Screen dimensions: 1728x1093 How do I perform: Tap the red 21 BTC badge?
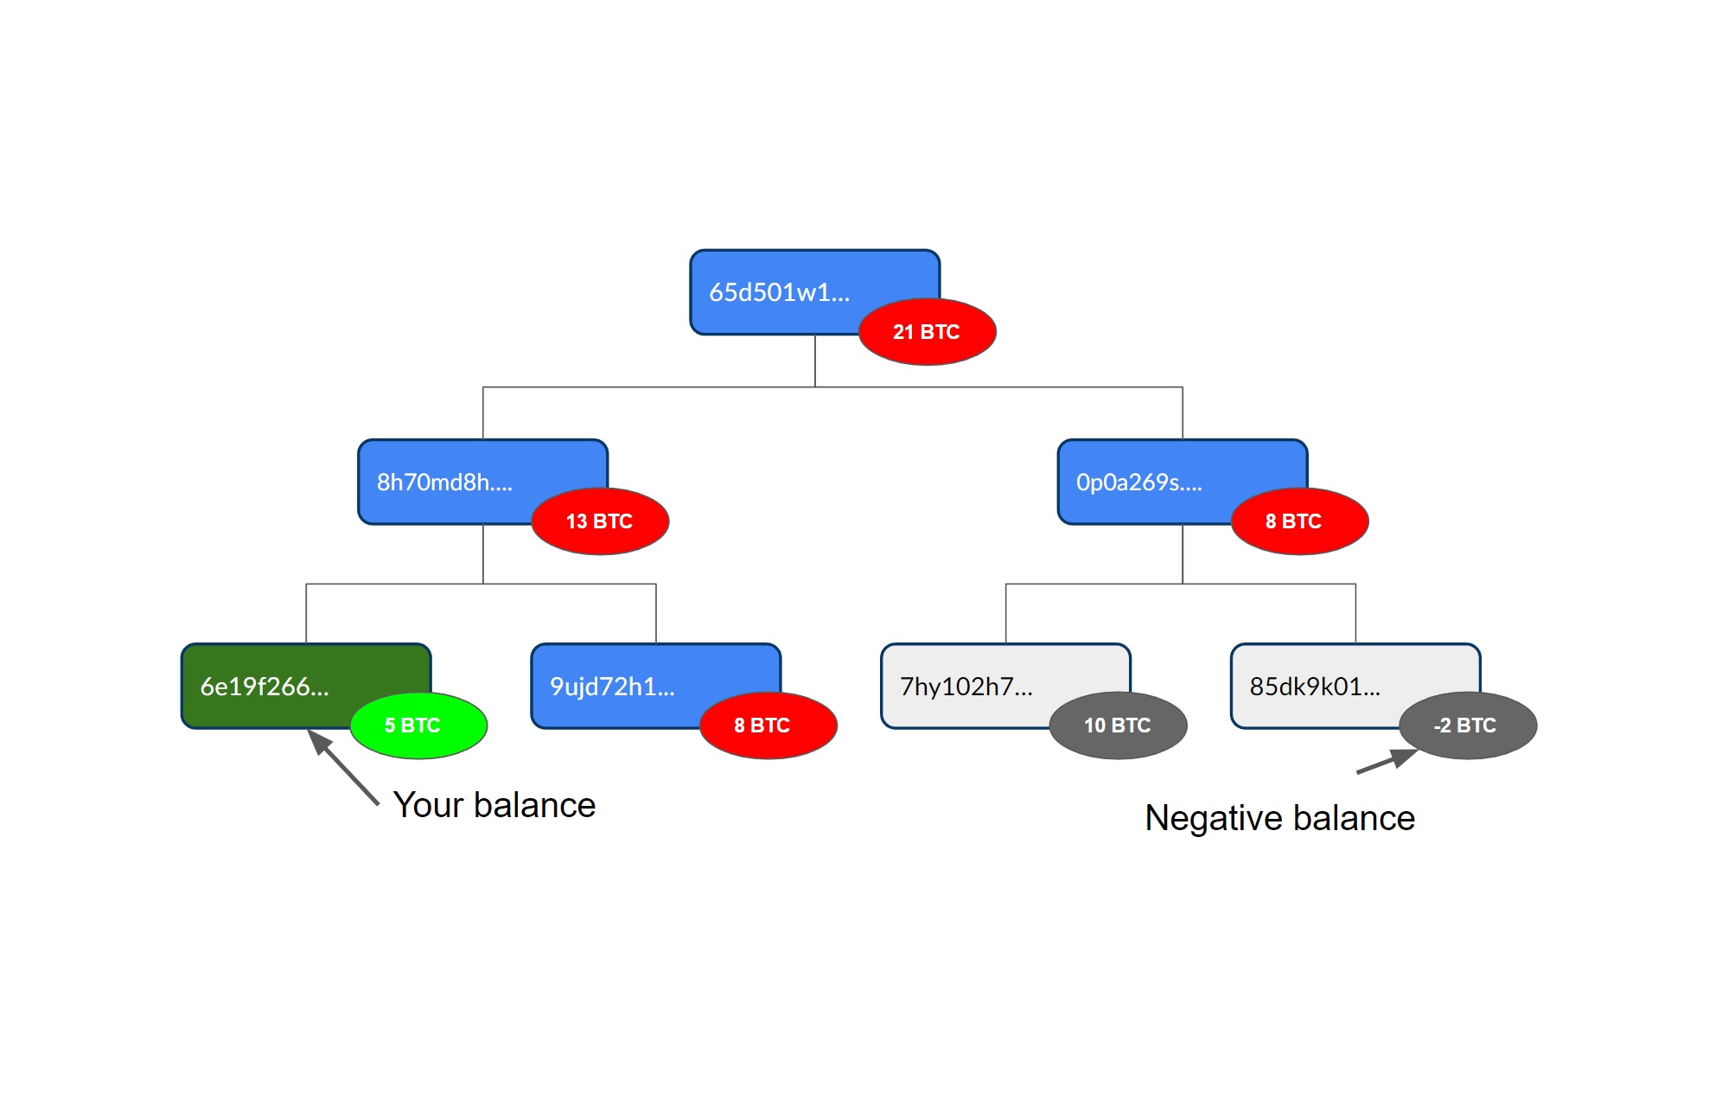tap(928, 332)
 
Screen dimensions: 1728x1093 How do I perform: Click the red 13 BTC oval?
tap(600, 521)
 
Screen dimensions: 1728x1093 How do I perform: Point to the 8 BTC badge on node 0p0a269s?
tap(1299, 521)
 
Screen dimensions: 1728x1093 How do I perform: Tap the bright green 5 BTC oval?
tap(418, 725)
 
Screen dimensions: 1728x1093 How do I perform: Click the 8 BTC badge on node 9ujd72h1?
tap(768, 725)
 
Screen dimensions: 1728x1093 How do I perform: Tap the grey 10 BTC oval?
tap(1118, 725)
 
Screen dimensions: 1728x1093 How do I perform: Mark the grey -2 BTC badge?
tap(1468, 725)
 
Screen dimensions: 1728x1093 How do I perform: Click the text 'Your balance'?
tap(494, 805)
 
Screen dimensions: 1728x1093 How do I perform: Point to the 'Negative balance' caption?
tap(1279, 819)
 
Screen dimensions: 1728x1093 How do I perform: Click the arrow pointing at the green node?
tap(343, 768)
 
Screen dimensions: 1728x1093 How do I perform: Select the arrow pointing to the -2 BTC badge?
tap(1387, 761)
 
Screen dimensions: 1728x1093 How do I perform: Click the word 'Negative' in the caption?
tap(1214, 819)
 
